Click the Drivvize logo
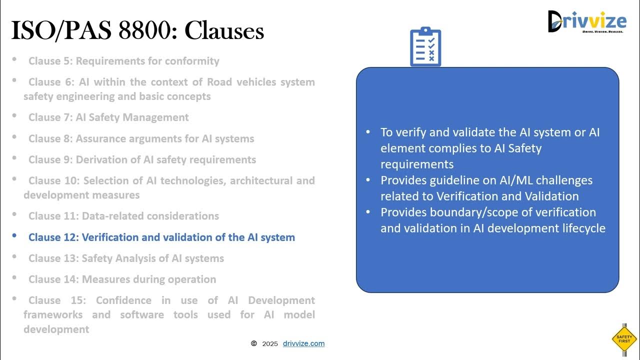(x=586, y=21)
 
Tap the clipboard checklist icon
(x=425, y=47)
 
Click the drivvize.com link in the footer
(x=303, y=343)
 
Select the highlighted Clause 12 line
(x=161, y=237)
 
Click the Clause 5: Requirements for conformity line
(x=123, y=61)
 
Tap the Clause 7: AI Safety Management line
(x=108, y=117)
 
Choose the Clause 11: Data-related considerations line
(x=123, y=216)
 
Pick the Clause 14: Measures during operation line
(x=122, y=279)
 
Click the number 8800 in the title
(x=147, y=31)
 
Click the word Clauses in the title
(x=224, y=31)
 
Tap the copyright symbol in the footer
(x=254, y=343)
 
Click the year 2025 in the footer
(x=270, y=344)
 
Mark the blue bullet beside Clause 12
(x=14, y=235)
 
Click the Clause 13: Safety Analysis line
(x=126, y=258)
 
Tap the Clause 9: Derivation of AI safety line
(x=142, y=160)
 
